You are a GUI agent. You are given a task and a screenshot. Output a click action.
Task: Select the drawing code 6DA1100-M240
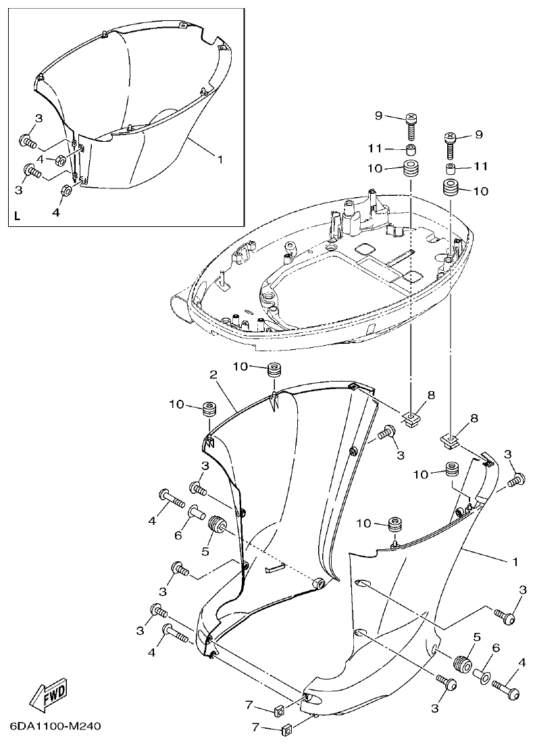click(55, 727)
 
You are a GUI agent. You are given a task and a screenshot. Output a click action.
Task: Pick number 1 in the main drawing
click(516, 561)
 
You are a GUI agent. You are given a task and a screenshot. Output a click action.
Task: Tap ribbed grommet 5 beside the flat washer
click(462, 664)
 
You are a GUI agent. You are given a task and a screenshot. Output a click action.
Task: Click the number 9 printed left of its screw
click(379, 116)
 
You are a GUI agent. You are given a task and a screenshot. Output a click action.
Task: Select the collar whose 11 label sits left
click(411, 149)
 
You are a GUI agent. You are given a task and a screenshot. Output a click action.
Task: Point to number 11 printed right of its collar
click(480, 166)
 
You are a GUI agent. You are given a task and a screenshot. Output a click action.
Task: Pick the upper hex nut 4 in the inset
click(59, 159)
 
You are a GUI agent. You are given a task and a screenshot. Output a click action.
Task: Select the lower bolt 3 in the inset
click(32, 172)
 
